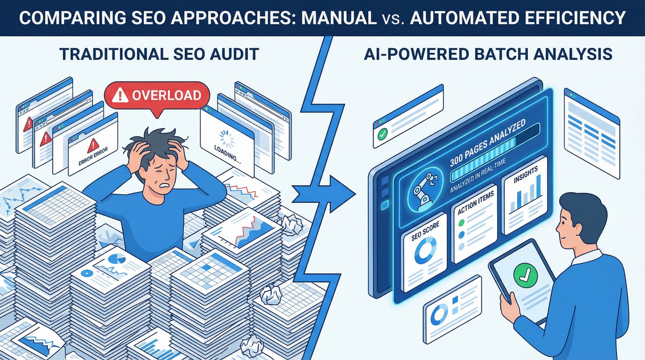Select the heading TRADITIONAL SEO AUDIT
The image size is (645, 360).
click(x=159, y=54)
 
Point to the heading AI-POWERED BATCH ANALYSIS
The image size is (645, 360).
click(x=488, y=54)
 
